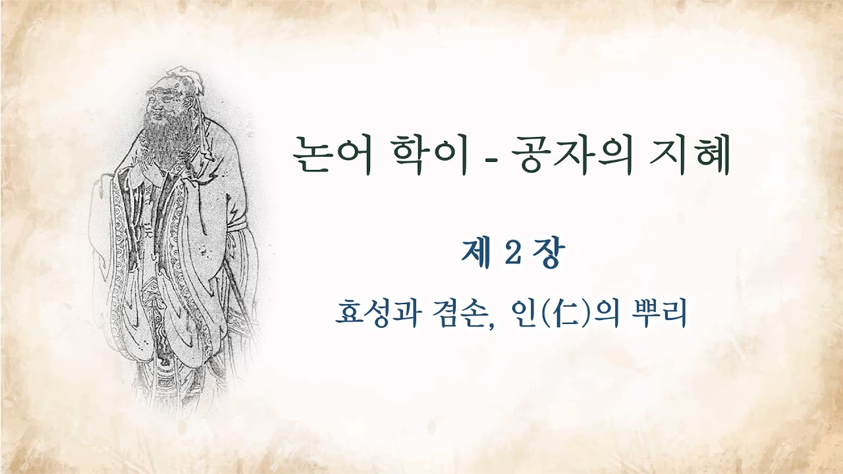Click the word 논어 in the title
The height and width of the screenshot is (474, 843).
(331, 156)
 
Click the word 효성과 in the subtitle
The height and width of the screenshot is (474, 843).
(376, 313)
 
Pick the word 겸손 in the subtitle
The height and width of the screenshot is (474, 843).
(457, 313)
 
